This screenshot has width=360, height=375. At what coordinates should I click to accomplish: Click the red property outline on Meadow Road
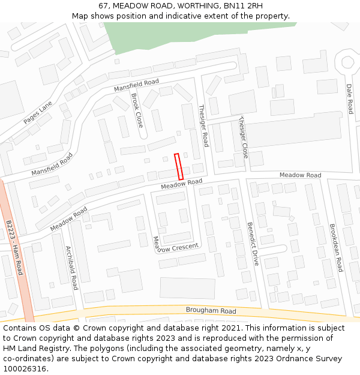178,166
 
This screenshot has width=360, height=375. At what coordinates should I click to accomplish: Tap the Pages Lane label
38,112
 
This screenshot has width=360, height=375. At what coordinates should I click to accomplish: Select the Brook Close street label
137,110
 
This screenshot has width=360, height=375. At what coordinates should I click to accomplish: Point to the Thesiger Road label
203,126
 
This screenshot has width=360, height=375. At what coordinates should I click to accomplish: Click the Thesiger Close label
244,137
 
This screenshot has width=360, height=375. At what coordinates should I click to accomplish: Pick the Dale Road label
350,98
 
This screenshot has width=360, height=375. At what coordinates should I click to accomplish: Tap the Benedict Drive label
253,244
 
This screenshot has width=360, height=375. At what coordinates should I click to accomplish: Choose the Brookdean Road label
335,248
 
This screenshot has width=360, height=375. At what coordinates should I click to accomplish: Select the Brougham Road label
211,311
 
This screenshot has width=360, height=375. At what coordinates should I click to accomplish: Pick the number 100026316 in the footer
25,368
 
